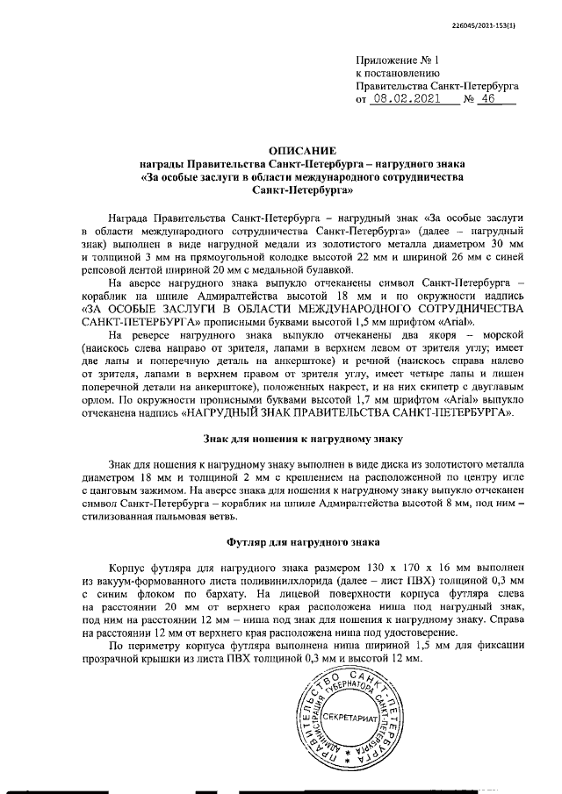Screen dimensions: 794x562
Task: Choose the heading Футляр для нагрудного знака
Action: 303,544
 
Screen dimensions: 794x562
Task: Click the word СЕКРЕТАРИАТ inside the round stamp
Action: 349,718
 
